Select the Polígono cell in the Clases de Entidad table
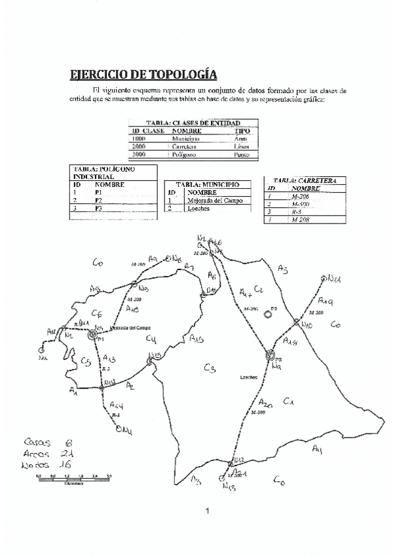click(185, 154)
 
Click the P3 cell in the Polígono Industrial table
click(99, 208)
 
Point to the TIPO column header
click(242, 131)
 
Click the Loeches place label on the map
click(248, 378)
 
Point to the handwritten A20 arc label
click(265, 403)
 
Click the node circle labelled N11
click(324, 278)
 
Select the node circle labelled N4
click(119, 430)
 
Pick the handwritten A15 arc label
click(196, 338)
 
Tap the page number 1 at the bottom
click(206, 511)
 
